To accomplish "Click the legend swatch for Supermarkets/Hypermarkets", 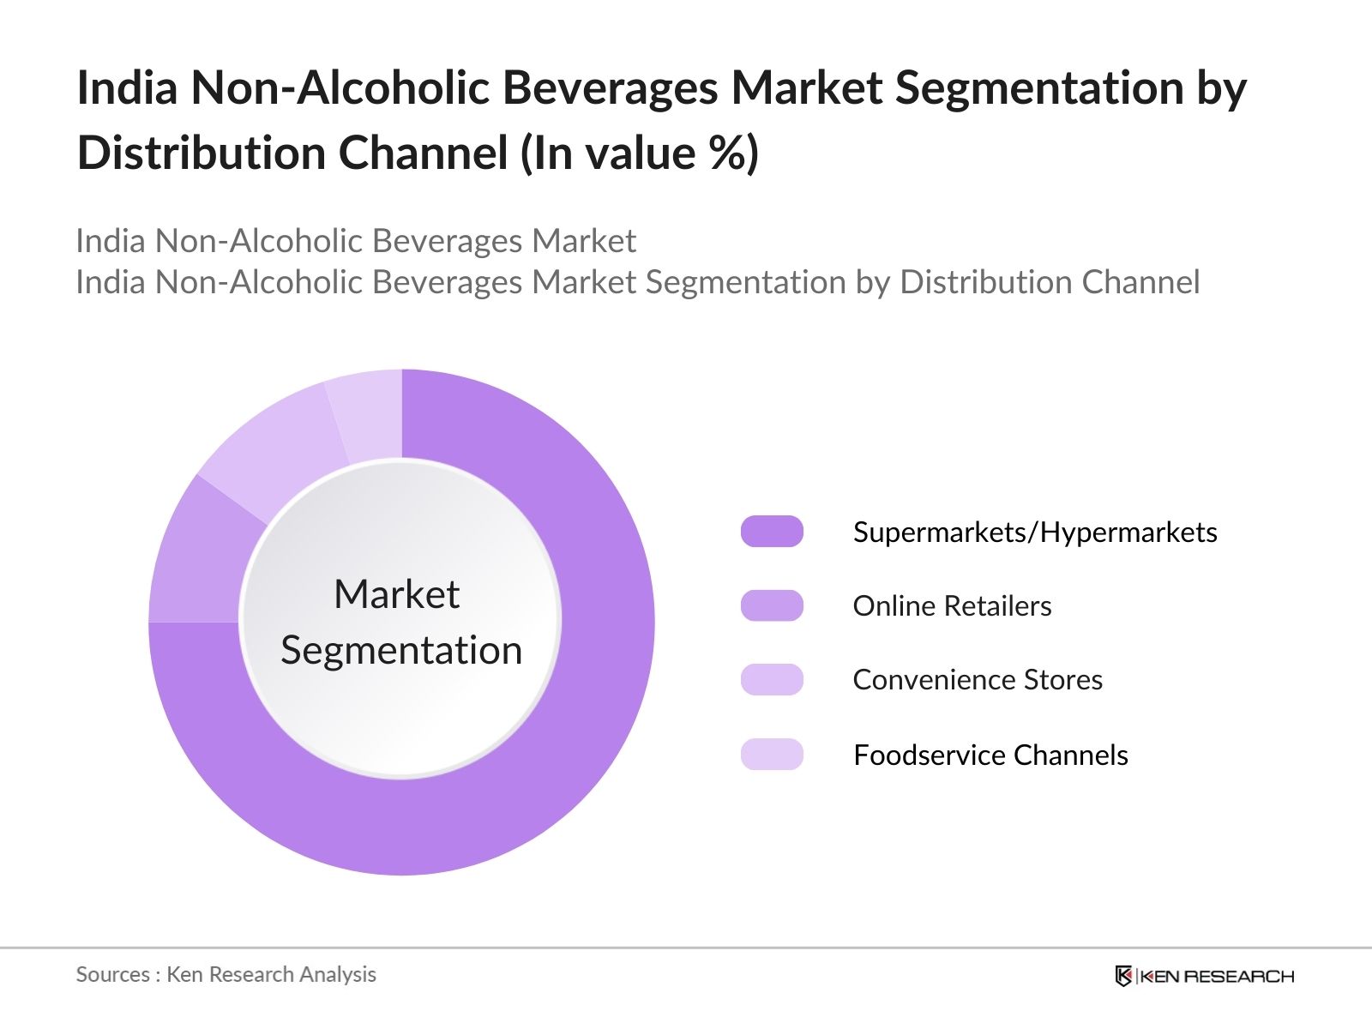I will [772, 532].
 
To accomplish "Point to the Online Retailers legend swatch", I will [772, 605].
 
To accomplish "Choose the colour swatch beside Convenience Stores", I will [772, 679].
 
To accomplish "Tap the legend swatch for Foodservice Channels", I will [772, 755].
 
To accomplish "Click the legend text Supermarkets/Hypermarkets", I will [1035, 533].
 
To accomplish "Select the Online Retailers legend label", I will [952, 606].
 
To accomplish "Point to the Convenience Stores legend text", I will [978, 680].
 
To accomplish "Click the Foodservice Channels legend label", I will [990, 755].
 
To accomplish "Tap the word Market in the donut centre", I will [396, 594].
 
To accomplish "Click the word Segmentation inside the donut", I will [401, 650].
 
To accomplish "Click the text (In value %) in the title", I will [640, 154].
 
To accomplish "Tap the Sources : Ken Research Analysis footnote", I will [226, 974].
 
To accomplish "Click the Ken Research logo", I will [1204, 976].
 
